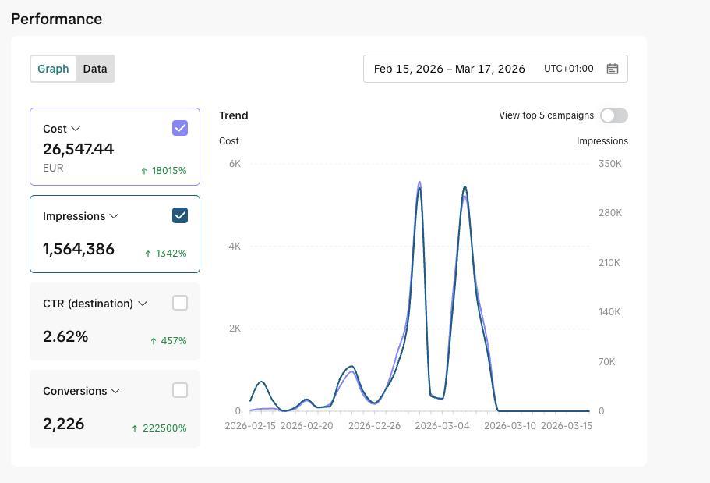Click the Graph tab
(53, 69)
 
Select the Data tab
(95, 69)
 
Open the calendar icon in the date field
(613, 69)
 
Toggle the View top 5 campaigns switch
(614, 115)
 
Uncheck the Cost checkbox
(180, 128)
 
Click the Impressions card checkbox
(180, 215)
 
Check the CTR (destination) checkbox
(180, 303)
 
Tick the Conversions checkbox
(180, 390)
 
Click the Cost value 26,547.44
(79, 149)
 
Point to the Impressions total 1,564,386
(79, 249)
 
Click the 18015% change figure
(169, 171)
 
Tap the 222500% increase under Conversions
(164, 428)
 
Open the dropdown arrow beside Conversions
(115, 391)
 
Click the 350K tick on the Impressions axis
(610, 164)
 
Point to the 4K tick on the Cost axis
(235, 247)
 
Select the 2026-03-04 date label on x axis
(442, 426)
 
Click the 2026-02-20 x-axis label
(306, 426)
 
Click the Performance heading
(57, 19)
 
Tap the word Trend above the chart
(234, 115)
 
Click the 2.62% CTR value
(65, 336)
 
